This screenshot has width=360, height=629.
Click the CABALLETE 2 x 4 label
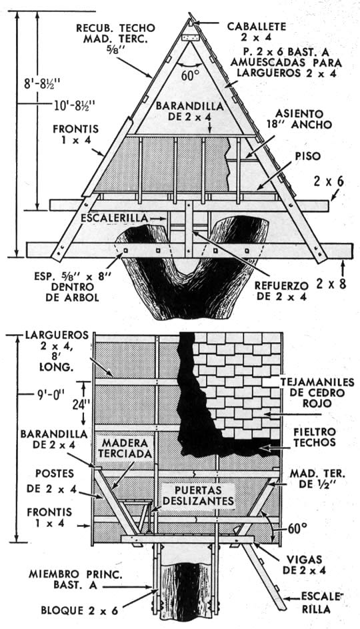[257, 32]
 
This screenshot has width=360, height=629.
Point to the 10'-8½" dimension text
[75, 106]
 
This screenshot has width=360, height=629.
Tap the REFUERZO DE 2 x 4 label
[281, 291]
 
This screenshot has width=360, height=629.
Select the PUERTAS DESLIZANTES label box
[199, 496]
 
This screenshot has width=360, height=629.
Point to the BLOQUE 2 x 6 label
[79, 610]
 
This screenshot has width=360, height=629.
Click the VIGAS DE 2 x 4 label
[304, 564]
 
